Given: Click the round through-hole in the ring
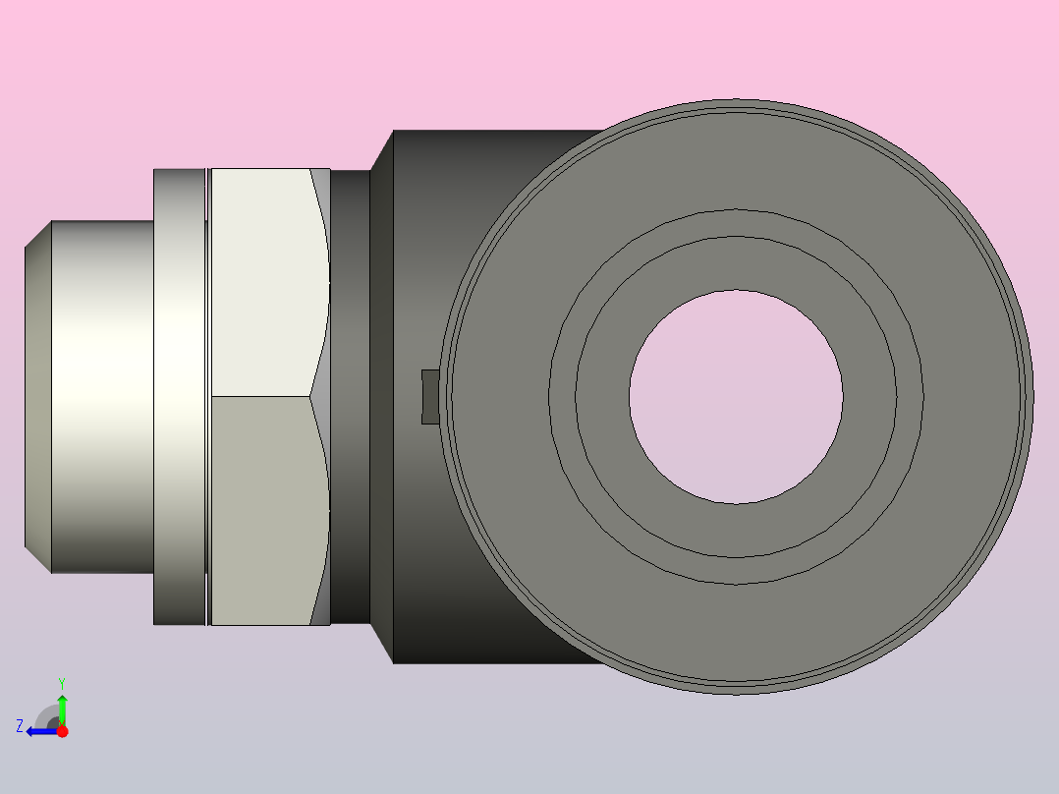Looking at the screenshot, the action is (x=736, y=397).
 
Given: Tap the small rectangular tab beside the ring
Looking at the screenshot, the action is (x=430, y=397).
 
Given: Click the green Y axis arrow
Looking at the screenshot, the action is (x=62, y=709).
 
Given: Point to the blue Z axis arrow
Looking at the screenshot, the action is (x=42, y=732).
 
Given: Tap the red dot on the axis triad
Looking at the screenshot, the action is (x=62, y=731).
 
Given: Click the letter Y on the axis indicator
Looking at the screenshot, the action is (x=62, y=683).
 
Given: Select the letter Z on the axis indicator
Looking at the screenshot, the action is (x=20, y=726).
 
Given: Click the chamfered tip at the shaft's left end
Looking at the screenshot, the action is (x=37, y=397).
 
